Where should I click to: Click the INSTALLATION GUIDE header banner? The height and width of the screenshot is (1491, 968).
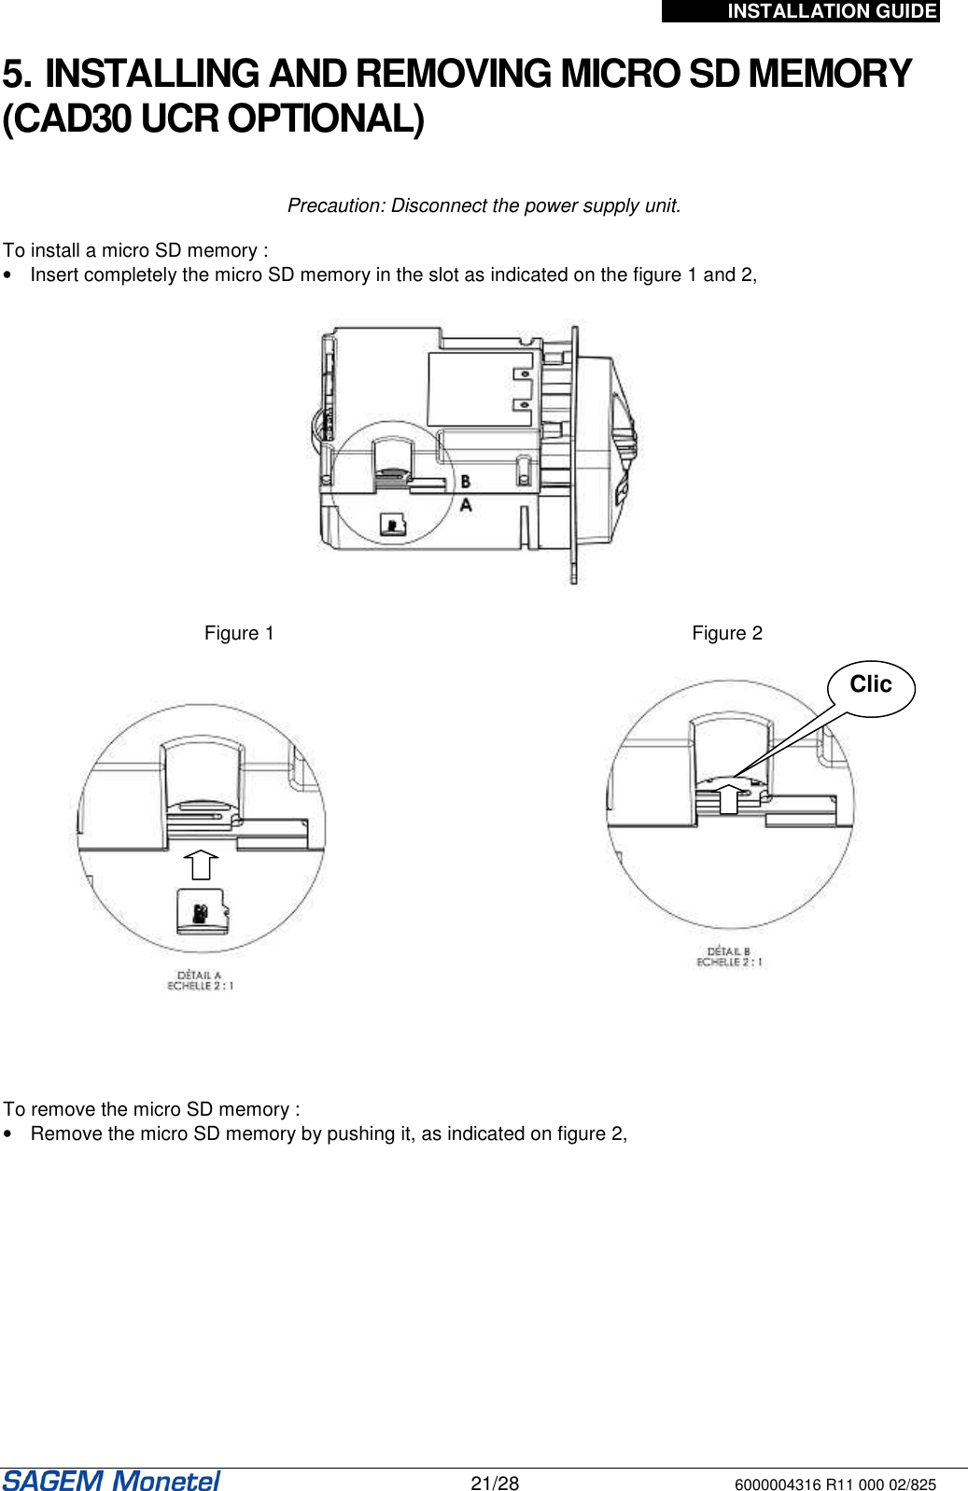801,11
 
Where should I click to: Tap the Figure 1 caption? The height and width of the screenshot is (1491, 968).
239,633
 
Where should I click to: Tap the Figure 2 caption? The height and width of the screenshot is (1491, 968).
727,633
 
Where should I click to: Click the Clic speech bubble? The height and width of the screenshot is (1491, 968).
870,686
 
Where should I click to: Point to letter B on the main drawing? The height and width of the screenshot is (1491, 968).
465,482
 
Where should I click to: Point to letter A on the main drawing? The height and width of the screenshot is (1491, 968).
466,505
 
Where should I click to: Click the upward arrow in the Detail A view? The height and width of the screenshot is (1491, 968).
201,865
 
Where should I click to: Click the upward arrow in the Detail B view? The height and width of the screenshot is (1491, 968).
728,798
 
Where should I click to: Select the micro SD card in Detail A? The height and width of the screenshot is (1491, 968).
203,911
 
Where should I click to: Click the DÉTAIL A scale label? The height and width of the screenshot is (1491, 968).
200,980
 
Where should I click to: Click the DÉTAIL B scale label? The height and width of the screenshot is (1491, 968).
728,957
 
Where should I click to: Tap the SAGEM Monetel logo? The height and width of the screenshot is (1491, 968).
111,1481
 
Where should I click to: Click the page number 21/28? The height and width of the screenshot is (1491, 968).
495,1484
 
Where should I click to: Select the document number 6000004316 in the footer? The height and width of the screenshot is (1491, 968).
778,1484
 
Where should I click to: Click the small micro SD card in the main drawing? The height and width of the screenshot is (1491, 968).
393,525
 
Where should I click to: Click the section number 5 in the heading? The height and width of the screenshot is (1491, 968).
17,75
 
